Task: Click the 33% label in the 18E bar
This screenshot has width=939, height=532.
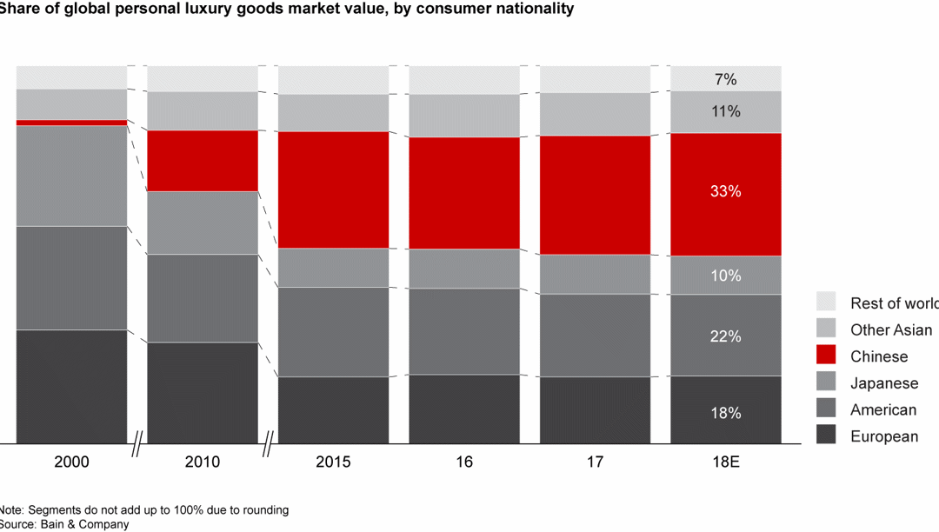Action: pos(725,192)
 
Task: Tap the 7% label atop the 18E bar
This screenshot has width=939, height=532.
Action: pos(725,80)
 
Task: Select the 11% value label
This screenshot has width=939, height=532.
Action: pos(725,112)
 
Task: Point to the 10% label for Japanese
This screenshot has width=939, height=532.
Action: pos(725,276)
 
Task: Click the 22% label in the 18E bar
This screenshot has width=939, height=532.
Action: pos(725,336)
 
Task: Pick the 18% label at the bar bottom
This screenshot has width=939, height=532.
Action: pos(725,414)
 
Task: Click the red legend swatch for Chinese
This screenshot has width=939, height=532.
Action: pos(826,356)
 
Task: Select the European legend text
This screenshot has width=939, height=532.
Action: pos(883,436)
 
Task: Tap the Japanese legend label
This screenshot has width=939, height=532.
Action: pos(883,383)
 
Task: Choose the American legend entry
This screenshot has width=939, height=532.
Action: pos(882,409)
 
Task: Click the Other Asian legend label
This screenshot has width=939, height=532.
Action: pos(890,329)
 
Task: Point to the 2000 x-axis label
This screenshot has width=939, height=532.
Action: pos(71,462)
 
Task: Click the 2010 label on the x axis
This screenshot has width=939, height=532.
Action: pos(202,462)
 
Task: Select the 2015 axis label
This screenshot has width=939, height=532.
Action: pos(333,462)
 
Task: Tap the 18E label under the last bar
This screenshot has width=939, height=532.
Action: pos(725,462)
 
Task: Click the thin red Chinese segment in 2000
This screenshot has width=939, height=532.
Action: pos(71,123)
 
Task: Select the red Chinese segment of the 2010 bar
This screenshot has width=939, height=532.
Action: pos(202,161)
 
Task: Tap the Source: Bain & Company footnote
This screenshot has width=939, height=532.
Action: pos(64,524)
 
